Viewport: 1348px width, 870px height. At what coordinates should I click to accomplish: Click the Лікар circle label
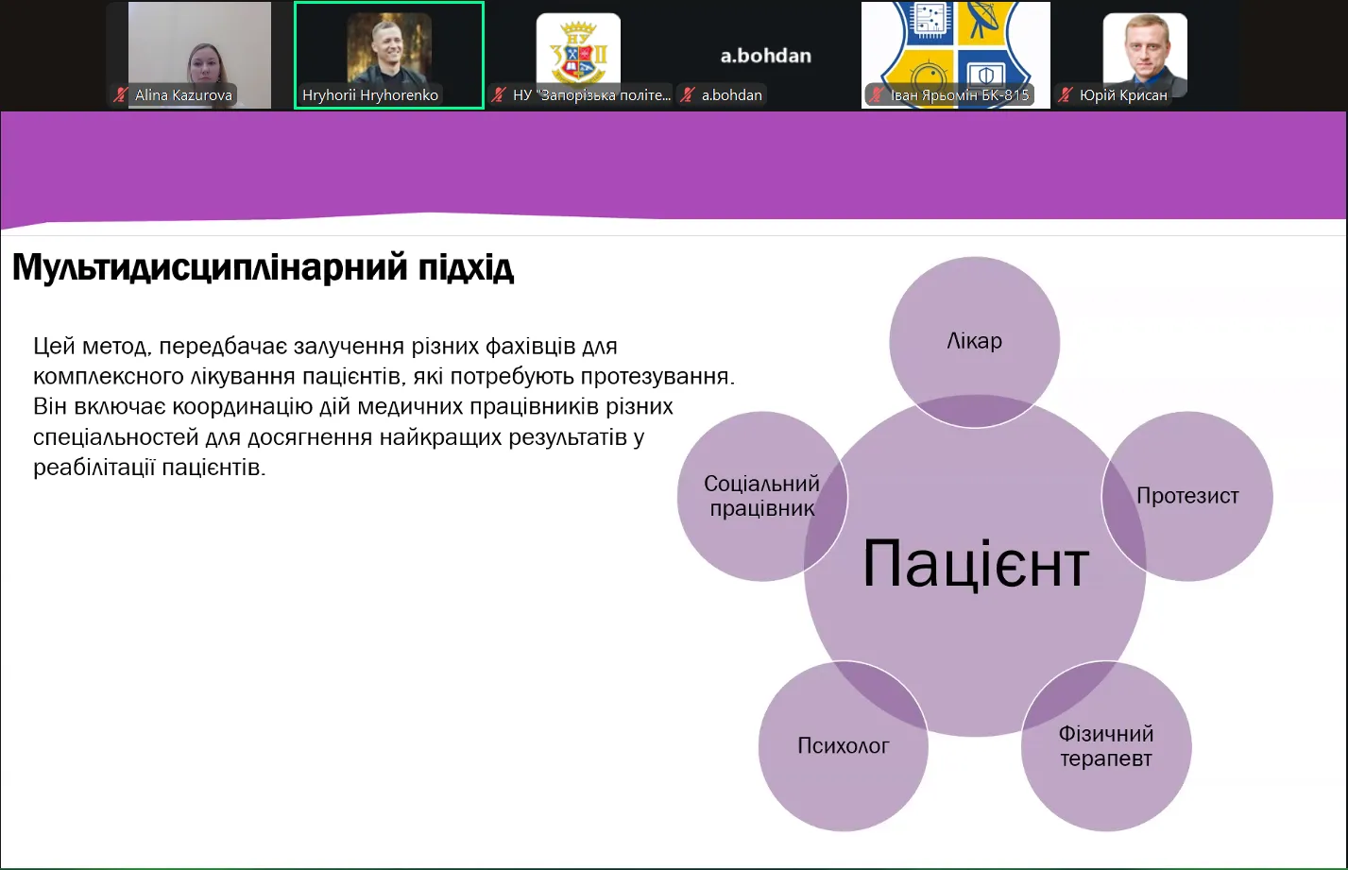click(x=974, y=341)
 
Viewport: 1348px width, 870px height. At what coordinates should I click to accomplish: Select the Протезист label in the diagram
click(x=1187, y=496)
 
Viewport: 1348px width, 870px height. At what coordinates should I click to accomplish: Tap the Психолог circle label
click(x=844, y=746)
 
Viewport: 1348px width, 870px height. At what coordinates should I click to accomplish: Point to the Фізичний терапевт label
click(x=1106, y=746)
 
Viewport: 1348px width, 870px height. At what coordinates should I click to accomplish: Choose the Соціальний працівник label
click(x=762, y=496)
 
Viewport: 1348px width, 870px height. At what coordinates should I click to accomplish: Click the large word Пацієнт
click(x=976, y=564)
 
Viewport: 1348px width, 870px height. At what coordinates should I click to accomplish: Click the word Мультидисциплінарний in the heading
click(x=210, y=267)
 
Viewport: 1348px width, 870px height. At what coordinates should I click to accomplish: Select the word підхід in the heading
click(x=467, y=267)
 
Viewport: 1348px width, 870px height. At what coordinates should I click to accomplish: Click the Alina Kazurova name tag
click(x=183, y=95)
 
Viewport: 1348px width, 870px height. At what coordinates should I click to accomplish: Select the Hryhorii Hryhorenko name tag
click(x=370, y=95)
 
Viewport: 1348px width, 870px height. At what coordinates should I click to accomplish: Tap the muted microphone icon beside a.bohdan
click(x=688, y=95)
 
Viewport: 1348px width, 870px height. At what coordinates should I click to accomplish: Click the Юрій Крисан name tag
click(x=1123, y=95)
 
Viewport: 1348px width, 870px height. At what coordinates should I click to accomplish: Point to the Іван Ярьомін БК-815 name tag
click(x=960, y=95)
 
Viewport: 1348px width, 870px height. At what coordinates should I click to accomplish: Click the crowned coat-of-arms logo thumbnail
click(x=578, y=51)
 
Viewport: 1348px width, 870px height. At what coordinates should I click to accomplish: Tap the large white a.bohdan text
click(x=766, y=56)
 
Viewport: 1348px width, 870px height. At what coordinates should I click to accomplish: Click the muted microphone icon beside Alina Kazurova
click(x=120, y=95)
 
